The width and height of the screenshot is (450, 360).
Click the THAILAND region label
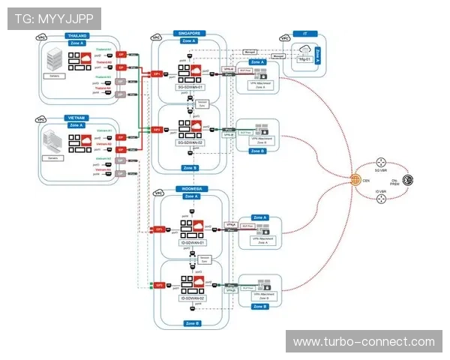[x=77, y=35]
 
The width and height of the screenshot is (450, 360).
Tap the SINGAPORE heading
[x=190, y=34]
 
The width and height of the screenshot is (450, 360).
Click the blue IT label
[x=304, y=34]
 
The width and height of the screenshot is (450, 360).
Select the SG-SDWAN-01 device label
[x=190, y=86]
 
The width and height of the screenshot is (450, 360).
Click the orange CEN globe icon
[x=355, y=180]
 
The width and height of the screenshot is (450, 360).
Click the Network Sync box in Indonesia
[x=205, y=260]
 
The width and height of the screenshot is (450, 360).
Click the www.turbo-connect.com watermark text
[x=364, y=342]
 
